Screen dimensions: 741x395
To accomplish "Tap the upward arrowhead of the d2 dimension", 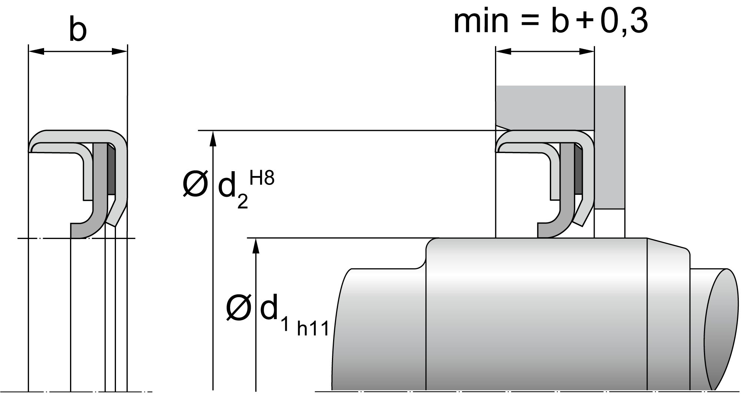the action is tap(213, 138).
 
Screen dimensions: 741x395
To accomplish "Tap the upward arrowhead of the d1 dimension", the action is tap(255, 246).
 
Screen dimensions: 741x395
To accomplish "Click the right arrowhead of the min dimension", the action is tap(587, 52).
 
